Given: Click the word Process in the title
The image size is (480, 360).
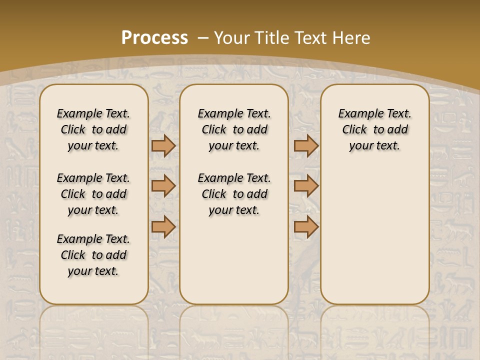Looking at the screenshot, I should coord(154,38).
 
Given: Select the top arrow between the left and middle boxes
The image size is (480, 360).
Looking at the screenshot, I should coord(163,145).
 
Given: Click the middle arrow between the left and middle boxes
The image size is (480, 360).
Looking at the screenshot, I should coord(163,186).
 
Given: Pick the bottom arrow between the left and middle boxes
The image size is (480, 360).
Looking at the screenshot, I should coord(163,227).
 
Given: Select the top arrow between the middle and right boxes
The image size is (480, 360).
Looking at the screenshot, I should coord(306,145).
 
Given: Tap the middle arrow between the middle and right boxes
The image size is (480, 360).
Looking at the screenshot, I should coord(306,186).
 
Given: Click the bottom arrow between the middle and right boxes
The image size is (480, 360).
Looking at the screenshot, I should coord(306,227).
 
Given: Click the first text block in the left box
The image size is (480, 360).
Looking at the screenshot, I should coord(93,129).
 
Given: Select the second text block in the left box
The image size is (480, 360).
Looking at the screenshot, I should coord(93,194).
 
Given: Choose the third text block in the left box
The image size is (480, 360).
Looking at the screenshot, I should coord(93,255).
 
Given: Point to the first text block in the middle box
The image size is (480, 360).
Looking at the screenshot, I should coord(234,129).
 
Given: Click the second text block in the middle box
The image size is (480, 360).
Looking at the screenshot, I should coord(234,194).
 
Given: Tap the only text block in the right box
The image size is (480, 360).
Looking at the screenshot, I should coord(375,129).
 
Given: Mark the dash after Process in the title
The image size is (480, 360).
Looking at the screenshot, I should coord(203,38).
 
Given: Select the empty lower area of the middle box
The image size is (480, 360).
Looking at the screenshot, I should coord(234,260).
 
